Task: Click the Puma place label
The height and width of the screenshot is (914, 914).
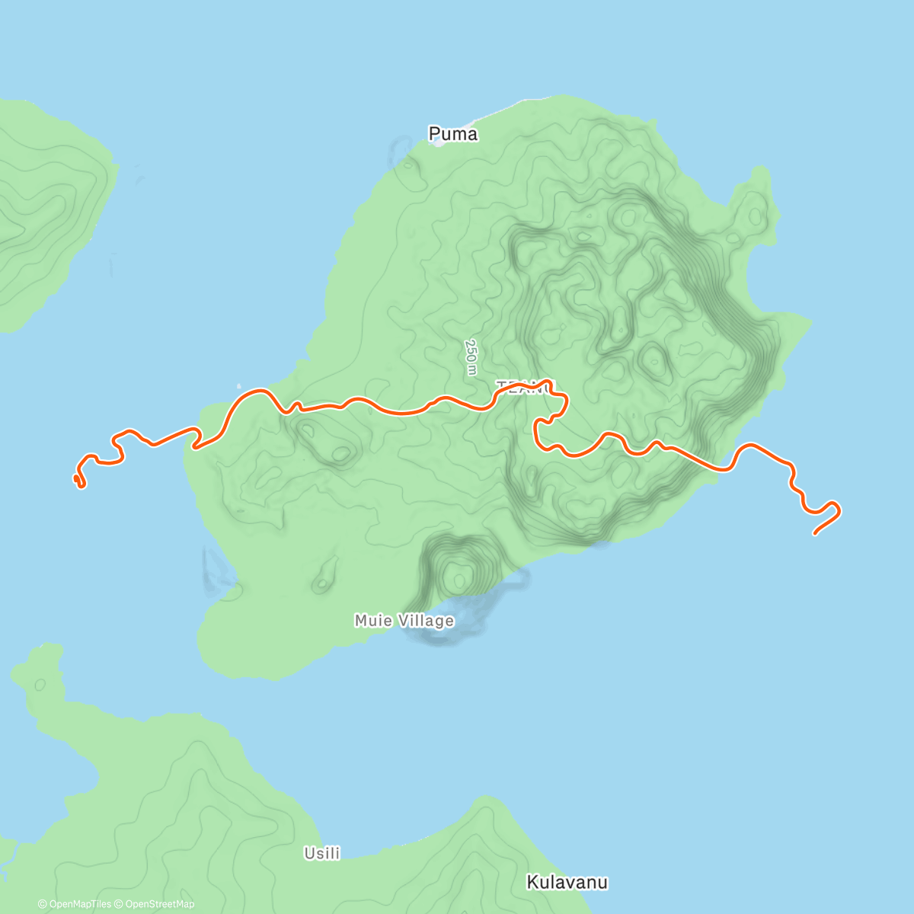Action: coord(453,134)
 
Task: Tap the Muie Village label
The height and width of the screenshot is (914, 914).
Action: coord(404,621)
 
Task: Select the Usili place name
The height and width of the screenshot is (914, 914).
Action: coord(322,853)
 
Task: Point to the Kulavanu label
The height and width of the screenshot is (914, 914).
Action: coord(567,882)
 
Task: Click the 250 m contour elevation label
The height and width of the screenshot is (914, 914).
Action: coord(471,356)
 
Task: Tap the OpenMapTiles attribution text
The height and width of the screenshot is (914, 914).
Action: coord(80,904)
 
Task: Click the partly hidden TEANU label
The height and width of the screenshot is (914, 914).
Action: coord(526,386)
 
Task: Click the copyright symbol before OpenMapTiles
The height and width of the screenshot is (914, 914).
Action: coord(43,904)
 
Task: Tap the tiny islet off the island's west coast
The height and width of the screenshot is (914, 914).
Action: coord(238,385)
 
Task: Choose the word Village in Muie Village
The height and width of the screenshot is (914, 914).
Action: coord(425,621)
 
